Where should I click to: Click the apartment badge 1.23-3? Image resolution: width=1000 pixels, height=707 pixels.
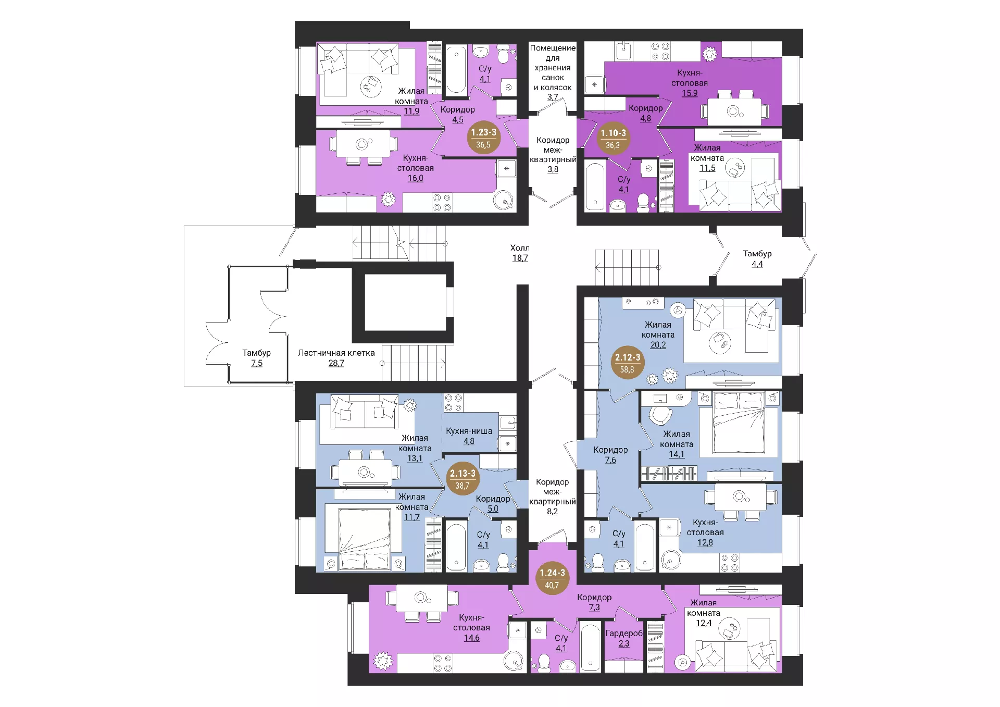coord(483,138)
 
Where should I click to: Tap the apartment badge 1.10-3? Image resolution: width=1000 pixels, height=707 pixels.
coord(613,139)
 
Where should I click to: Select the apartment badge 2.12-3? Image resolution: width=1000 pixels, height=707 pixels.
coord(627,363)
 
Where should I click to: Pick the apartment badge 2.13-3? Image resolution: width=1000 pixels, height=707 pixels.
coord(463,479)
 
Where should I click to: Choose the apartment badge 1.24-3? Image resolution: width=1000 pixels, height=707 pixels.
coord(552,578)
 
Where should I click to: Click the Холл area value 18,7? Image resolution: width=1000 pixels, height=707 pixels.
coord(520,258)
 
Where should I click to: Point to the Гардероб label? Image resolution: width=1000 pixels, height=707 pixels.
coord(624,634)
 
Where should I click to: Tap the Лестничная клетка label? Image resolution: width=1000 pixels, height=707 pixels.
coord(336,353)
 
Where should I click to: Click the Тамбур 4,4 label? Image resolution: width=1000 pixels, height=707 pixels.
coord(757,258)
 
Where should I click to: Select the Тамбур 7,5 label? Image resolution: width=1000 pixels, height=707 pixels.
coord(256,358)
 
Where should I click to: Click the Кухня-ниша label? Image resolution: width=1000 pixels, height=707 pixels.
coord(469,431)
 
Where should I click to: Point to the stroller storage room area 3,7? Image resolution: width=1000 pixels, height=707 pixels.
coord(553,97)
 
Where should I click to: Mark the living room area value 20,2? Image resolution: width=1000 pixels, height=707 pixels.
coord(658,345)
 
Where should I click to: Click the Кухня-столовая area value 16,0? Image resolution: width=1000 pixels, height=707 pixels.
coord(415,178)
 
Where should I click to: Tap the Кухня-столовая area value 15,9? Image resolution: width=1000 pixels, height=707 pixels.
coord(690,93)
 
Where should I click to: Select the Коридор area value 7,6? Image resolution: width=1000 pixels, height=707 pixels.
coord(610,460)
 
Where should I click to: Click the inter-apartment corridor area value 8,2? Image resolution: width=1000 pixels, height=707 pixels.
coord(552,512)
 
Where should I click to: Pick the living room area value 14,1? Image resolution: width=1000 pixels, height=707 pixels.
coord(677,454)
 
